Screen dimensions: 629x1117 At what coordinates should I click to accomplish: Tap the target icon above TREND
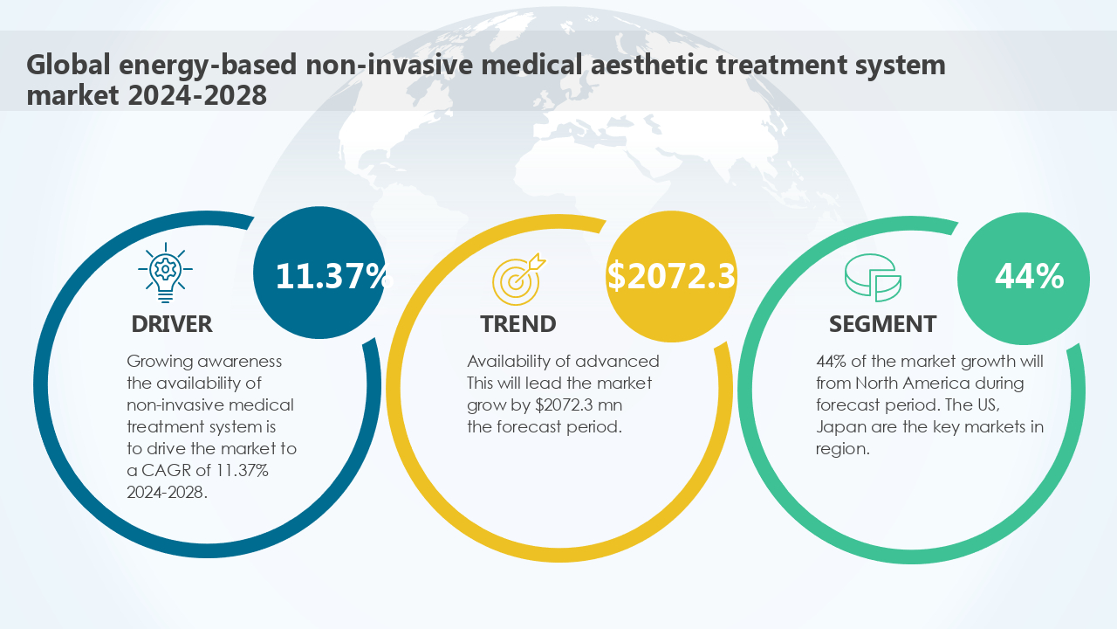(x=517, y=278)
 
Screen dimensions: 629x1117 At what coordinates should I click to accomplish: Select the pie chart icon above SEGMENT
(x=872, y=279)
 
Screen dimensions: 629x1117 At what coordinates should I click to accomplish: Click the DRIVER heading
(x=172, y=324)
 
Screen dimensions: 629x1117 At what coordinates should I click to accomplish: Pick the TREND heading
(x=517, y=324)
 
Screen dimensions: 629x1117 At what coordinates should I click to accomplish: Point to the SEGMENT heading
(x=882, y=324)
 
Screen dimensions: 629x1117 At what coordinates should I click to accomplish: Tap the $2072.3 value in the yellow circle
(x=671, y=276)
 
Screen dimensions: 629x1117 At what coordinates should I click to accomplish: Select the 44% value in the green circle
(x=1029, y=277)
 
